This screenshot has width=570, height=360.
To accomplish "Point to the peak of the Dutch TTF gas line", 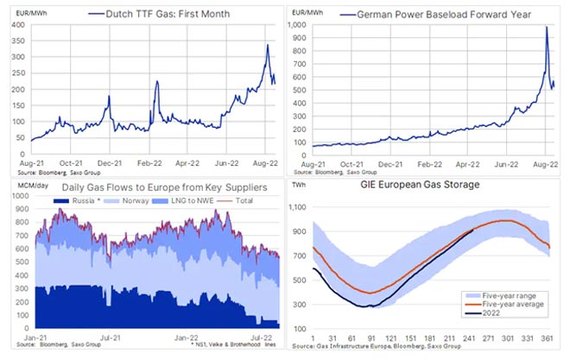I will pos(268,45).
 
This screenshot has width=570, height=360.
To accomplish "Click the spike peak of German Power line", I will pos(547,28).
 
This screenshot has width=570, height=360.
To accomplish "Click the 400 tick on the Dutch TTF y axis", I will pos(16,26).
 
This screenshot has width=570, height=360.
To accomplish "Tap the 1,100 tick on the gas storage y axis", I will pos(298,208).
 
